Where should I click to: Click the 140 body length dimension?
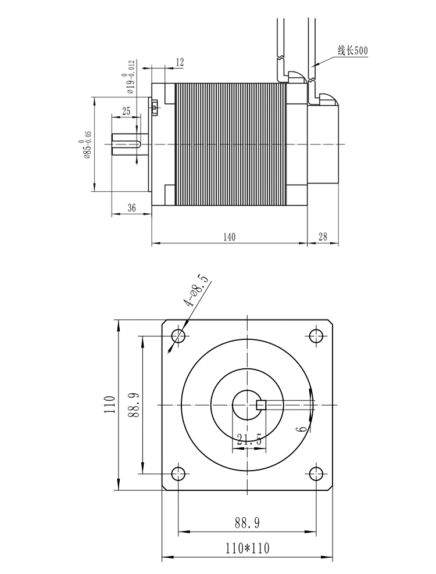point(229,237)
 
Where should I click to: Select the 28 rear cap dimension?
point(323,237)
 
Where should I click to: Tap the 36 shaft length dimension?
point(131,208)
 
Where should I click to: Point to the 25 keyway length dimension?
point(126,112)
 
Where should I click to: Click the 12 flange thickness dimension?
point(180,63)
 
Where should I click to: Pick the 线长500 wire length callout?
point(352,51)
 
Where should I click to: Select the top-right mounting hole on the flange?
point(316,335)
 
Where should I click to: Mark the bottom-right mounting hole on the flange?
point(316,473)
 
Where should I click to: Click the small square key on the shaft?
point(260,405)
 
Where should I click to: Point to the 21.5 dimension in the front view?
point(249,440)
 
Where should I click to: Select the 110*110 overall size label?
point(247,548)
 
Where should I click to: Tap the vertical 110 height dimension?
point(110,404)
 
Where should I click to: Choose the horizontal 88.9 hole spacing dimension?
point(247,523)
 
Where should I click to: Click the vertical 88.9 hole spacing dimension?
point(133,405)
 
